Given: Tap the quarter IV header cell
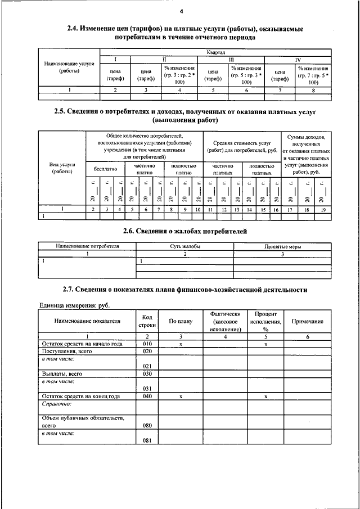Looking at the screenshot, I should tap(298, 59).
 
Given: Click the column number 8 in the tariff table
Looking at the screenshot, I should tap(313, 89).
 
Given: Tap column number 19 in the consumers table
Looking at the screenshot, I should tap(323, 209).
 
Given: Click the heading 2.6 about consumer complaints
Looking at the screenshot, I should tap(185, 231).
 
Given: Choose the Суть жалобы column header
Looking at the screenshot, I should tap(185, 246).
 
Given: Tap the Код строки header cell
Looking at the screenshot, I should tap(147, 321).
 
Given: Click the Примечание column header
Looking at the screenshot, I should tap(307, 321).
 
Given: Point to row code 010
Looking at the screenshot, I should tap(147, 344).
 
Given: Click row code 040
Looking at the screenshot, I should tap(147, 396).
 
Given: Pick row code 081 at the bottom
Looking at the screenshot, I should tap(147, 440).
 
